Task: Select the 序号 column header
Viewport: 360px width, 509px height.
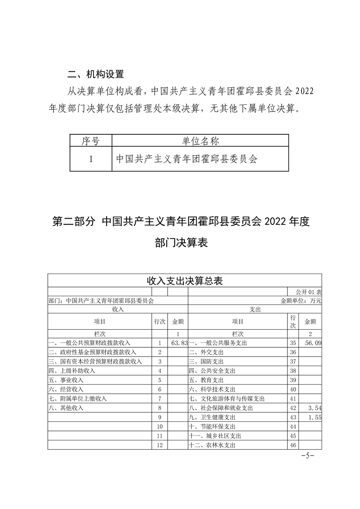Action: [x=90, y=141]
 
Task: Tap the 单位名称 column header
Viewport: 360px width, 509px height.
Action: [x=200, y=141]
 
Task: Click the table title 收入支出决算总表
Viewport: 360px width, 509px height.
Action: [x=184, y=280]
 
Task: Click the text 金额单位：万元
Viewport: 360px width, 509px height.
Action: [x=301, y=300]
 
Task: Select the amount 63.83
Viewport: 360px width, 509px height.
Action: [x=179, y=343]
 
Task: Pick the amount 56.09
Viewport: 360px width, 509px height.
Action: [x=313, y=343]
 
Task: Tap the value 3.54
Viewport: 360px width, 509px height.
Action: [x=314, y=408]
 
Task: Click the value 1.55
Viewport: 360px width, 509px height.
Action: [x=314, y=417]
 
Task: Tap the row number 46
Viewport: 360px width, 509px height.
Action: [x=293, y=445]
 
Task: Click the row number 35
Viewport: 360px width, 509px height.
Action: [x=293, y=343]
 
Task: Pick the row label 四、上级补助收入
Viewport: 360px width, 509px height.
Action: [x=72, y=371]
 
